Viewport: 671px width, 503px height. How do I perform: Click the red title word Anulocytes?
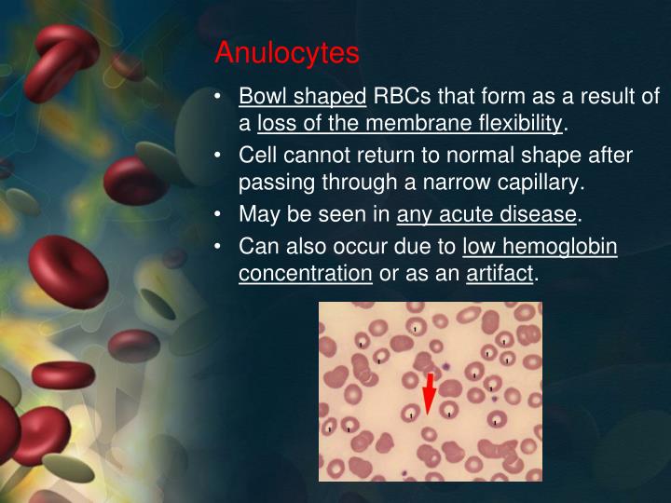tap(286, 53)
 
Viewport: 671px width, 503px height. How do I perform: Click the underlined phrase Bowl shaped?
tap(303, 97)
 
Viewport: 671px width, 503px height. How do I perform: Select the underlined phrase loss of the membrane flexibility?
tap(410, 123)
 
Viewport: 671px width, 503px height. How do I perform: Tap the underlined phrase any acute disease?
tap(486, 215)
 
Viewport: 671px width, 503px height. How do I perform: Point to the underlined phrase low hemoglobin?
tap(540, 247)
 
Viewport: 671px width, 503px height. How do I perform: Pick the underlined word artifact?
tap(500, 274)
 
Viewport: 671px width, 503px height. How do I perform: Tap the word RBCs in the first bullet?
tap(402, 97)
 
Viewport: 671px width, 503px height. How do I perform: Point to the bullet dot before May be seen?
tap(218, 215)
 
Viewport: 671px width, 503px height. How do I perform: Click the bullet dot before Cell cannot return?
tap(218, 154)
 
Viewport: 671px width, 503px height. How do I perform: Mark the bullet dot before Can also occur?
tap(218, 247)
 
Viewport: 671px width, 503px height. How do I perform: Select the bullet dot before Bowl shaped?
tap(218, 97)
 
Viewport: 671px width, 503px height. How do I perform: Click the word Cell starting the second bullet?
tap(256, 154)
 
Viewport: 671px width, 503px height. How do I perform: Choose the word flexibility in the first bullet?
tap(520, 123)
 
